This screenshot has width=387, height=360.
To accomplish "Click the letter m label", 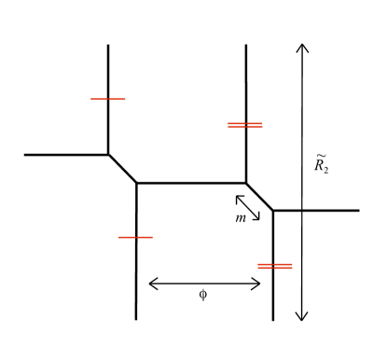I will (x=241, y=218).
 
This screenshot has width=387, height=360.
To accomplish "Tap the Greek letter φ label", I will (x=204, y=296).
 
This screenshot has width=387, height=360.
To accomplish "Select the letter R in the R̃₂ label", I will (x=319, y=167).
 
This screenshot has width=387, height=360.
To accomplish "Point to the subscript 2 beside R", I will (x=326, y=171).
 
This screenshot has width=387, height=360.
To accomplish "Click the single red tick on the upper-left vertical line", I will (x=107, y=98).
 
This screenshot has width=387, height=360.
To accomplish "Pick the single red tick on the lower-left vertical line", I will (x=135, y=237).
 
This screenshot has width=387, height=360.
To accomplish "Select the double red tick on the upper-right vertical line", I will (x=245, y=124).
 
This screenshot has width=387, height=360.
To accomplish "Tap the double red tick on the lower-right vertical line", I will (x=273, y=266).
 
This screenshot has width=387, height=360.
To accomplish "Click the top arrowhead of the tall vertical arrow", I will (x=301, y=47).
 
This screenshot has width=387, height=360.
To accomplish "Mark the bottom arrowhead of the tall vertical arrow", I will (x=301, y=317).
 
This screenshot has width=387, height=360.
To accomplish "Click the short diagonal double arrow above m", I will (x=248, y=207).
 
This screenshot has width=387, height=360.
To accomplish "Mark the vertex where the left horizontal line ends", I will (x=108, y=155).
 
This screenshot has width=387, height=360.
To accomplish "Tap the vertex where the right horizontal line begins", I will (x=273, y=211).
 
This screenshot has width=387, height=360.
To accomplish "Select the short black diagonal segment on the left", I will (x=122, y=169).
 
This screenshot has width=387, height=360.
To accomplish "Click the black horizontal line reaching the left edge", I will (x=65, y=155).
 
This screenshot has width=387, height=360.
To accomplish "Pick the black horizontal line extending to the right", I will (x=317, y=211).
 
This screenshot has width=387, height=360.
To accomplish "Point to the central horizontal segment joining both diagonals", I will (x=191, y=183).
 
